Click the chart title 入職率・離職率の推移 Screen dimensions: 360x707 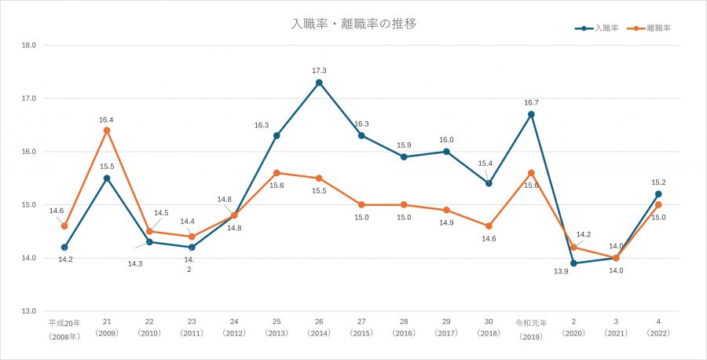pyautogui.click(x=353, y=24)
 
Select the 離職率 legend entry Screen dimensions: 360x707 pyautogui.click(x=659, y=28)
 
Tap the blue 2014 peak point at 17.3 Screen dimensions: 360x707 pyautogui.click(x=319, y=83)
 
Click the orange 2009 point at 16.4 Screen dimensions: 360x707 pyautogui.click(x=107, y=130)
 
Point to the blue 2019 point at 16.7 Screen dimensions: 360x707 pyautogui.click(x=531, y=114)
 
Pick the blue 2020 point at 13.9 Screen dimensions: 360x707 pyautogui.click(x=573, y=263)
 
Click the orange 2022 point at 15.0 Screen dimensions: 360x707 pyautogui.click(x=658, y=204)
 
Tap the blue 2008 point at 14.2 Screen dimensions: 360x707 pyautogui.click(x=64, y=247)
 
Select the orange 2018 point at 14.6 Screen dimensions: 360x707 pyautogui.click(x=489, y=226)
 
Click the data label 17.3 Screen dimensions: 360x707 pyautogui.click(x=319, y=71)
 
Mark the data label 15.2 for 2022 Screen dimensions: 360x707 pyautogui.click(x=658, y=182)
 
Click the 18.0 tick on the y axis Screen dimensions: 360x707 pyautogui.click(x=30, y=46)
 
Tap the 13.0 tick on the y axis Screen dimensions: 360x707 pyautogui.click(x=30, y=311)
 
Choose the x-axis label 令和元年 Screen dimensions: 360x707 pyautogui.click(x=531, y=323)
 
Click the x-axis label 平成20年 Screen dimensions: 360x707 pyautogui.click(x=64, y=323)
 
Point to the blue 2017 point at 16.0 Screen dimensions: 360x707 pyautogui.click(x=446, y=152)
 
